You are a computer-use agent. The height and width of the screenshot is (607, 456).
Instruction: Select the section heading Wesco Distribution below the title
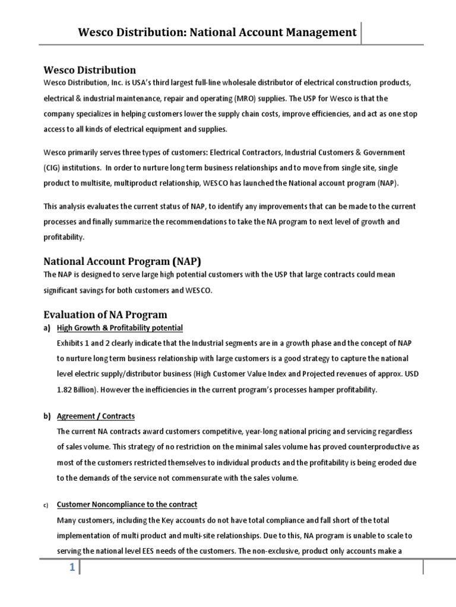point(91,70)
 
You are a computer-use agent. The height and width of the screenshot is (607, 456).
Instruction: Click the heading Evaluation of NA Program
point(106,314)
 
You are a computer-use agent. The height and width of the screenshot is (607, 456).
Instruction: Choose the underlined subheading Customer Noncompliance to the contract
point(126,504)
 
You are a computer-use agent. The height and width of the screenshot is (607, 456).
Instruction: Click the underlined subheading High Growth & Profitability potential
point(119,328)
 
